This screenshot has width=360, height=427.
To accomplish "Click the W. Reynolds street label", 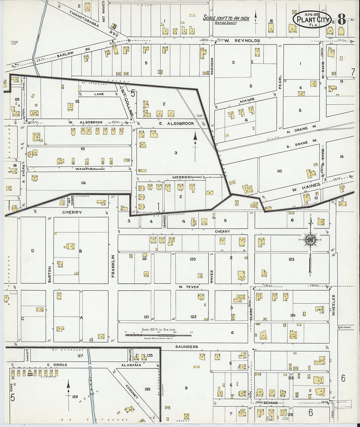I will pyautogui.click(x=242, y=41).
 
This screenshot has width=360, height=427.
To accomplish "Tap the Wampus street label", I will pyautogui.click(x=83, y=169).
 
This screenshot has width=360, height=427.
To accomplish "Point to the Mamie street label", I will pyautogui.click(x=247, y=101).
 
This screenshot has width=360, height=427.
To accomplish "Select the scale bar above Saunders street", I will pyautogui.click(x=159, y=335).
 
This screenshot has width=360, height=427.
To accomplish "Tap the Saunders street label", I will pyautogui.click(x=187, y=347).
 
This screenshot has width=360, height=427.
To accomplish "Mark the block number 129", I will pyautogui.click(x=75, y=397).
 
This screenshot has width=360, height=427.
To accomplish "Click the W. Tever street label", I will pyautogui.click(x=189, y=287).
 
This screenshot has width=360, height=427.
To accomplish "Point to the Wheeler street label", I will pyautogui.click(x=333, y=305).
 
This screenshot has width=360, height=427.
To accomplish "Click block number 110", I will pyautogui.click(x=279, y=171).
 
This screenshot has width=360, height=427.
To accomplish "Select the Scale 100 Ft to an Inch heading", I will pyautogui.click(x=226, y=18).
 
